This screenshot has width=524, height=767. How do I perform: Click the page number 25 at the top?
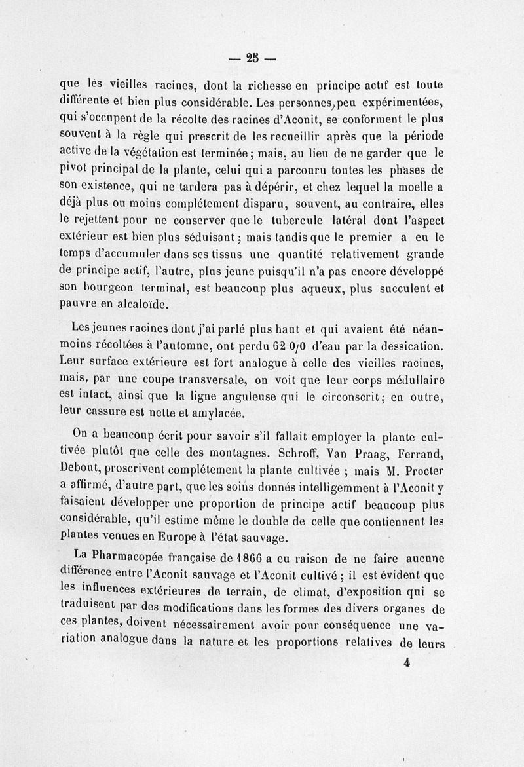pos(252,57)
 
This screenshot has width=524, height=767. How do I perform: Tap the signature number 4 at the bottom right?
pos(407,662)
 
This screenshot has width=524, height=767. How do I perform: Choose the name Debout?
pos(80,470)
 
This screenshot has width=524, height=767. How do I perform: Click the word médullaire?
pos(410,380)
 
